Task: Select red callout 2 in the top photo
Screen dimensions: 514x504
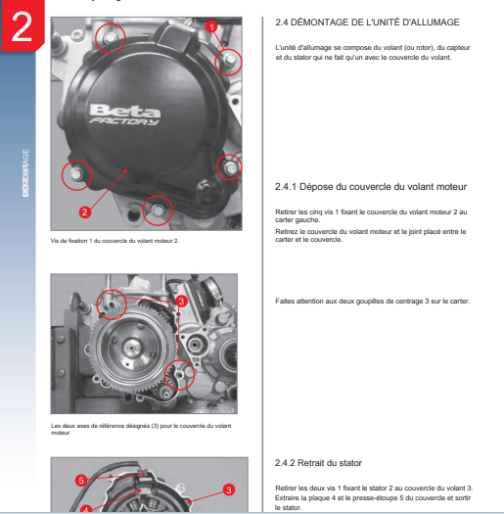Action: coord(85,210)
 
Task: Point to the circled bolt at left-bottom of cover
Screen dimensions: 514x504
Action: coord(73,176)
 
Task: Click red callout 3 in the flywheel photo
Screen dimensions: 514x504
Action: coord(181,304)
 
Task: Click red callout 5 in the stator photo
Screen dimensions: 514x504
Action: coord(82,481)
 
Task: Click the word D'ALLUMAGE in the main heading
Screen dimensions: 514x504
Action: coord(427,22)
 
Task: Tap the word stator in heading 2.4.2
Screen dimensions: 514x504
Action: coord(362,461)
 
